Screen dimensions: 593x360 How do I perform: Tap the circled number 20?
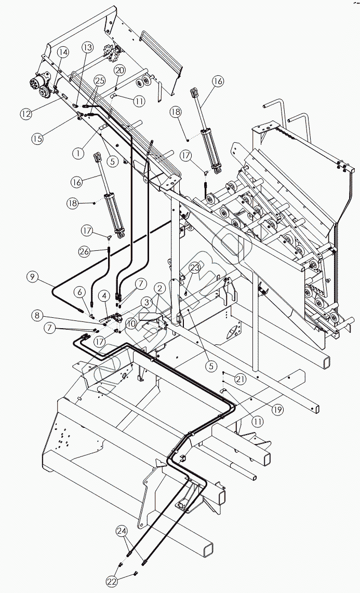(x=119, y=70)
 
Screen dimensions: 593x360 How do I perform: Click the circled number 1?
(x=78, y=153)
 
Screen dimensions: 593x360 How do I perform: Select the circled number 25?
(x=100, y=80)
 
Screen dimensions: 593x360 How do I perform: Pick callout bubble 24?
(x=122, y=531)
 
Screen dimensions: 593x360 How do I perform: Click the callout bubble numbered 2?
(x=161, y=287)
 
